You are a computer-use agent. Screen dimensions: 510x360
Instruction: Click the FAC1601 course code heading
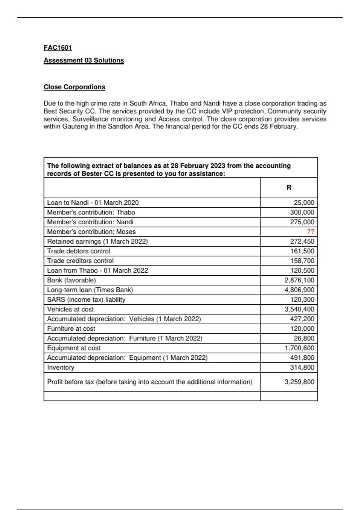click(x=58, y=48)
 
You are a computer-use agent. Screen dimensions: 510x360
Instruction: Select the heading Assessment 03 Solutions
click(x=84, y=60)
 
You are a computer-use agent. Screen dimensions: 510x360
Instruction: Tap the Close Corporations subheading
click(x=74, y=87)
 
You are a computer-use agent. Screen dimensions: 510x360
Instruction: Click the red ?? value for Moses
click(x=310, y=232)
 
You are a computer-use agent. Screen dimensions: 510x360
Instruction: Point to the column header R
click(x=289, y=187)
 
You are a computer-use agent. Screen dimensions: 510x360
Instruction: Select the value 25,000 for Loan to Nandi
click(x=304, y=202)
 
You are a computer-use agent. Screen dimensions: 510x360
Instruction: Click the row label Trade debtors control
click(x=79, y=251)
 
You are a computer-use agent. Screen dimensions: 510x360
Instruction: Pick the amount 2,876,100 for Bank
click(x=299, y=280)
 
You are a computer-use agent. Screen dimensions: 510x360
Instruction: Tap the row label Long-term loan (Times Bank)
click(x=90, y=290)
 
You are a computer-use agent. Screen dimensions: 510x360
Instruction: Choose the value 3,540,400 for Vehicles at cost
click(x=299, y=309)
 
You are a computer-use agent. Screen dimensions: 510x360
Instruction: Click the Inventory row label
click(x=61, y=367)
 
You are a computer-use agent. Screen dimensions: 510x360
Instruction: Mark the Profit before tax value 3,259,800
click(x=299, y=382)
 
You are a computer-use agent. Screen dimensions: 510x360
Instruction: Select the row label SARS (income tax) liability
click(x=86, y=299)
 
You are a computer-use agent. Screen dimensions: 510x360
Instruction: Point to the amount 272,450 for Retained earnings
click(x=302, y=241)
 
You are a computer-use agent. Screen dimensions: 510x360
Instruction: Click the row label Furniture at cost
click(x=71, y=329)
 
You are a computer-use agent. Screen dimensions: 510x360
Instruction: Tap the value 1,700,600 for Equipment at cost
click(x=299, y=348)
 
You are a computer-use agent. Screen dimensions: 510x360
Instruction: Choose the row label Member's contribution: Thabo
click(x=91, y=212)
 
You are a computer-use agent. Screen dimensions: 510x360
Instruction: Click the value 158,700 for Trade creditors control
click(x=302, y=261)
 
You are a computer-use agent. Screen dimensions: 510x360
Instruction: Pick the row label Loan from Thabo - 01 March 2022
click(x=97, y=271)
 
